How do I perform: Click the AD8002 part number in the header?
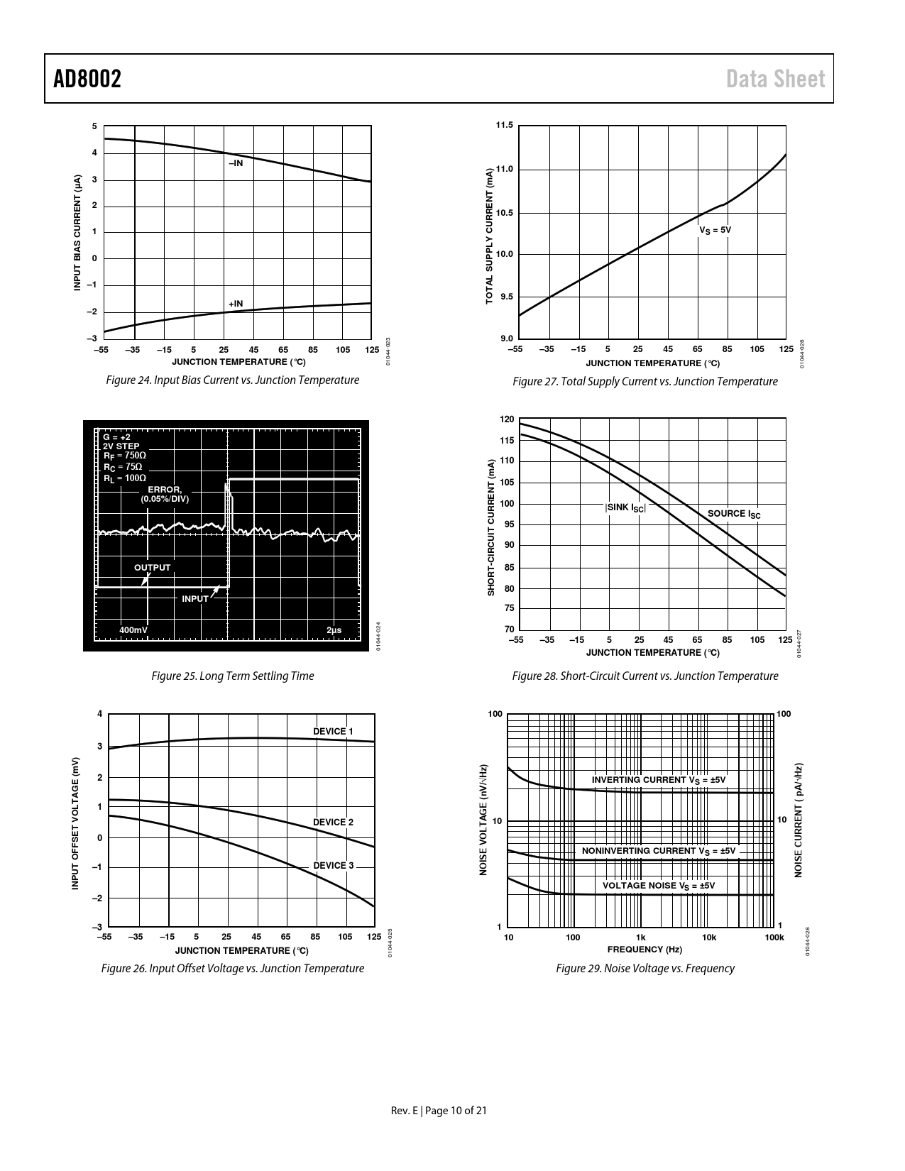click(x=87, y=79)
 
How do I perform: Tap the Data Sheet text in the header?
click(x=776, y=79)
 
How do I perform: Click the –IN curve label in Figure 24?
click(x=235, y=163)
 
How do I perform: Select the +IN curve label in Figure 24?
click(x=235, y=304)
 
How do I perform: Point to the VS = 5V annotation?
click(x=715, y=230)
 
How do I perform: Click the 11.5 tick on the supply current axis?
click(x=504, y=126)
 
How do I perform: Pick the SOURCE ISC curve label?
click(x=734, y=514)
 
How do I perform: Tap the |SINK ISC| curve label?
click(x=625, y=507)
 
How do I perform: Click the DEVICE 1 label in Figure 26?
click(x=333, y=731)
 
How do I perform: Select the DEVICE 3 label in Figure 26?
click(x=333, y=866)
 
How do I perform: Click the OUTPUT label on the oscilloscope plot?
click(x=153, y=568)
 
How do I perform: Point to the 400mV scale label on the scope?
click(x=133, y=630)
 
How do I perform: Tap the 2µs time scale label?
click(x=334, y=630)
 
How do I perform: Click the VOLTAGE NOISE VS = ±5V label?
click(x=659, y=886)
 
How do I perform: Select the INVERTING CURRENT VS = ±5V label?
click(x=659, y=780)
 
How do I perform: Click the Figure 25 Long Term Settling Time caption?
click(x=233, y=676)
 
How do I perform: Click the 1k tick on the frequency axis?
click(x=641, y=938)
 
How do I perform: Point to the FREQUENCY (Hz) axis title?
click(x=645, y=950)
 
